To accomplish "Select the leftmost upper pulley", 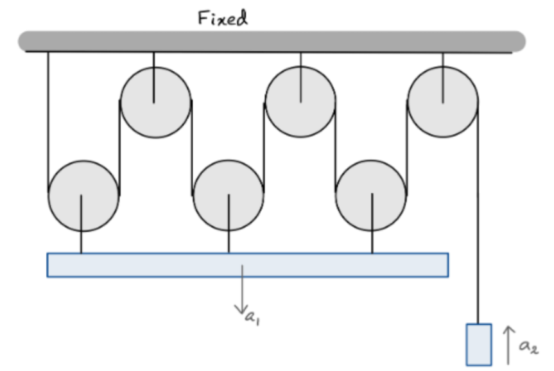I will click(x=155, y=103).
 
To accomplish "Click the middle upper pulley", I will click(x=300, y=103).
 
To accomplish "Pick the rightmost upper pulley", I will click(x=443, y=103).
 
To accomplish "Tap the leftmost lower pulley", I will click(x=83, y=196).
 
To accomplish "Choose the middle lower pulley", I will click(x=228, y=196).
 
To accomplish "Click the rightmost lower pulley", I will click(x=372, y=196).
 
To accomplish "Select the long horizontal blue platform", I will click(x=247, y=264).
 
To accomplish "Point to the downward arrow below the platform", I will click(x=242, y=291).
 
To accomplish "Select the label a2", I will click(x=529, y=347).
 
